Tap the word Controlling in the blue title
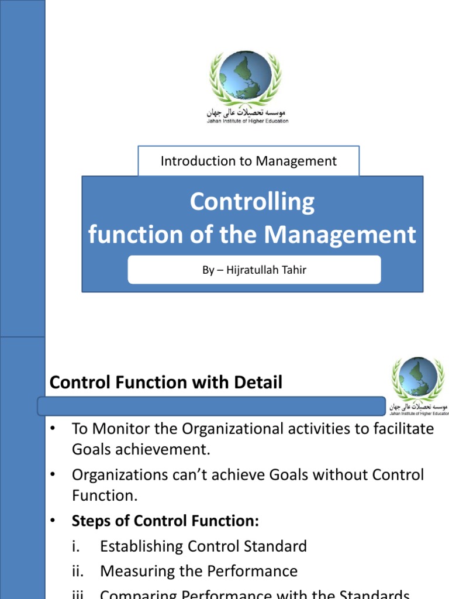[x=252, y=202]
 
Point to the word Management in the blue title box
[x=340, y=235]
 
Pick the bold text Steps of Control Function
[x=165, y=521]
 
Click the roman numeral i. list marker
[x=76, y=546]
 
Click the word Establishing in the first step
[x=141, y=546]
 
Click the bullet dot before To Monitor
[x=53, y=429]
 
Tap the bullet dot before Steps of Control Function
[x=53, y=521]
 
